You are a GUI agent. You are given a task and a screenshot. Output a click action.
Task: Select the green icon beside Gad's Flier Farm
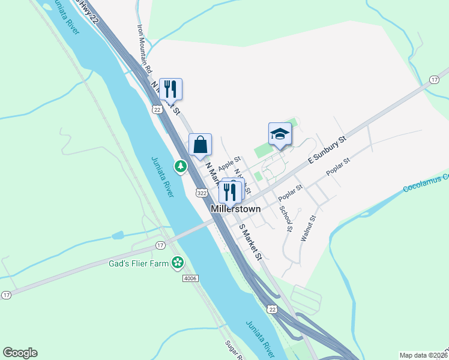pos(177,262)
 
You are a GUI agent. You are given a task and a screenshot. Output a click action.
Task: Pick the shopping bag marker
pos(200,145)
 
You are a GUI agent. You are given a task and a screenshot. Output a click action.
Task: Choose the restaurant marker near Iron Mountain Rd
pos(170,89)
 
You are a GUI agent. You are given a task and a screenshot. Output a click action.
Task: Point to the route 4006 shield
pos(191,278)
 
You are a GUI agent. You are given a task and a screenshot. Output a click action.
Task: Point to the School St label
pos(286,219)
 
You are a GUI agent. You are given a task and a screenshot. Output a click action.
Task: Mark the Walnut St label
pos(308,229)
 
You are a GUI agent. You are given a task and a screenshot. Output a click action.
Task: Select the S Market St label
pos(252,242)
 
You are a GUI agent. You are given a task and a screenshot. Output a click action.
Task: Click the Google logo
pos(20,353)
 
